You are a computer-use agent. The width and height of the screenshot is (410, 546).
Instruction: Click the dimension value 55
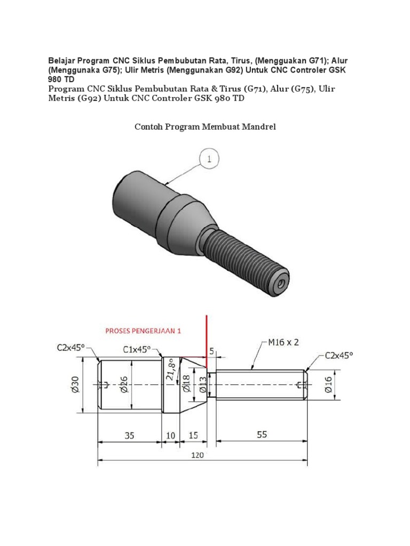click(262, 435)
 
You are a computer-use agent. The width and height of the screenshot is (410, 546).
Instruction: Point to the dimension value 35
click(130, 435)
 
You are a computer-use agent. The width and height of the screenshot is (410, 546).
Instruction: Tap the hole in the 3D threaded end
click(280, 285)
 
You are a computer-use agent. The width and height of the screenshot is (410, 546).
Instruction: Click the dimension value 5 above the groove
click(211, 351)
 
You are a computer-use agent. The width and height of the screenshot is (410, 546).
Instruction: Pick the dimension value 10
click(170, 435)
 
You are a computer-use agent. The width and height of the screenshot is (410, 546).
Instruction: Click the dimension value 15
click(193, 435)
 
